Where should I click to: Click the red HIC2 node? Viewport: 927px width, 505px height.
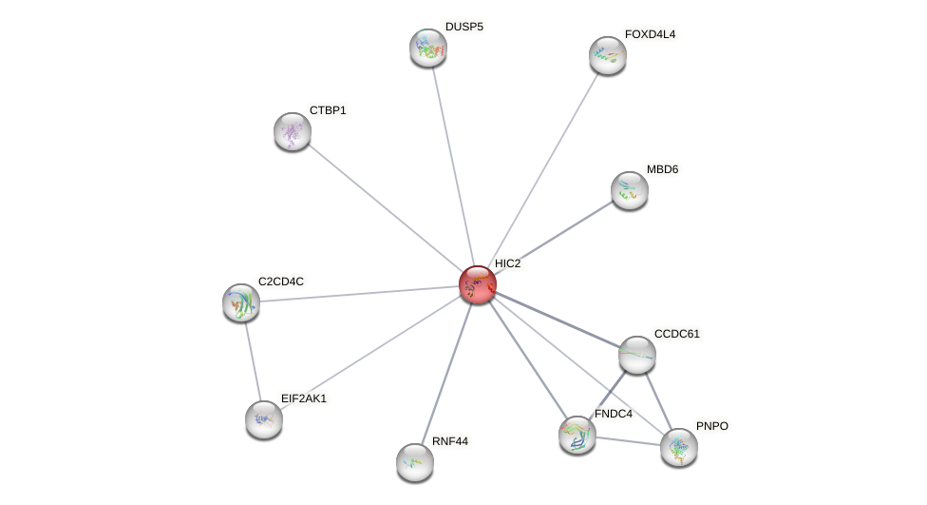point(477,284)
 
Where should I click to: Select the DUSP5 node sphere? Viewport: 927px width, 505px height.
point(427,48)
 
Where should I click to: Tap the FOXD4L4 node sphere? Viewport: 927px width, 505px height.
point(607,55)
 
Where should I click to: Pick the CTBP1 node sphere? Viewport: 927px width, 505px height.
point(293,131)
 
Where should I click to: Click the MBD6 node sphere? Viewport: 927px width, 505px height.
point(629,190)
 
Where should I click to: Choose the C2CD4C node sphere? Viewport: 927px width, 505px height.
point(241,302)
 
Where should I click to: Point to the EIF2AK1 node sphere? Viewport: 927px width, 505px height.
point(264,419)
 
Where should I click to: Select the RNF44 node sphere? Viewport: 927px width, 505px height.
point(415,462)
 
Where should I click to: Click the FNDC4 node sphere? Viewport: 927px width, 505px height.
point(577,435)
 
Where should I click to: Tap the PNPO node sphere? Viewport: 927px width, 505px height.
point(678,447)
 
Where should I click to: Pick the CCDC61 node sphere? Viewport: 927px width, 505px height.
point(636,355)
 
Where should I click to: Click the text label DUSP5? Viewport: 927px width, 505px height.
point(463,27)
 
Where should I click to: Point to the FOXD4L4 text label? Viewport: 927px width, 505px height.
point(650,34)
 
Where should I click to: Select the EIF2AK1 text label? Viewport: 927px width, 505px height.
point(303,398)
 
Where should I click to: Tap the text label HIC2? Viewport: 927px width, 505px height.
point(507,263)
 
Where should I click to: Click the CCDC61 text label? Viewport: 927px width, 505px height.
point(676,334)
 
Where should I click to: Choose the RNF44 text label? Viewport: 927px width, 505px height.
point(450,441)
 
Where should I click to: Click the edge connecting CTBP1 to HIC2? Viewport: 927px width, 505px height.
point(385,207)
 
